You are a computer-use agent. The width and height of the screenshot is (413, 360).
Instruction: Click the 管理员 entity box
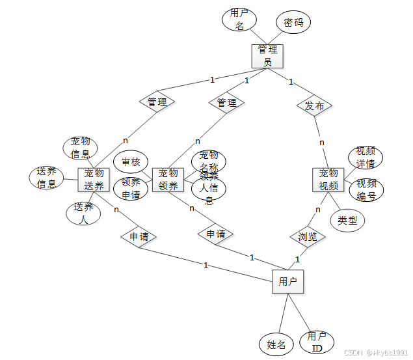point(268,55)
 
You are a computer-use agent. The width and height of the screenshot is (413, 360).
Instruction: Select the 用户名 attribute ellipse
point(239,20)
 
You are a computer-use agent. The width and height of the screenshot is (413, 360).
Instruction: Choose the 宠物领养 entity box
point(168,179)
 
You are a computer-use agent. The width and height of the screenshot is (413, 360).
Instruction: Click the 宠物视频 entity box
point(328,179)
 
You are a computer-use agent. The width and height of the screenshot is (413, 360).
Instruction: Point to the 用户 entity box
point(287,282)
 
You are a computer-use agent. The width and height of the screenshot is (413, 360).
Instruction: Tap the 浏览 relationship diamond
point(308,236)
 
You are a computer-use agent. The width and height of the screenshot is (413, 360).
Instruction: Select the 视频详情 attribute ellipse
point(366,157)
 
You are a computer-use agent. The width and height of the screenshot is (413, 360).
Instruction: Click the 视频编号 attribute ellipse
point(366,189)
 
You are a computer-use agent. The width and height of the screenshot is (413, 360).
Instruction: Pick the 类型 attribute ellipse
point(347,221)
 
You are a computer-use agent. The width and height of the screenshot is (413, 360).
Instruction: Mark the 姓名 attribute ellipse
point(276,344)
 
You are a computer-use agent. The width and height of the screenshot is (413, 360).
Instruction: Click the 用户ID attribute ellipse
point(317,342)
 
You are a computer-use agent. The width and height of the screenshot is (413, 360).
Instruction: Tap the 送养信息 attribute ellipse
point(46,178)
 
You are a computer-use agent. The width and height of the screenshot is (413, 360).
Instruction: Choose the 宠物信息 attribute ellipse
point(81,148)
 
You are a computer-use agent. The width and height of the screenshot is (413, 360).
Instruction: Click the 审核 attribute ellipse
point(131,161)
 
